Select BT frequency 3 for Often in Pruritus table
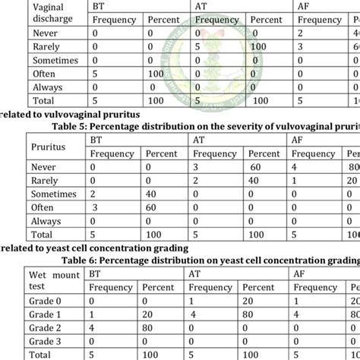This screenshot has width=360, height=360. click(94, 207)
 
